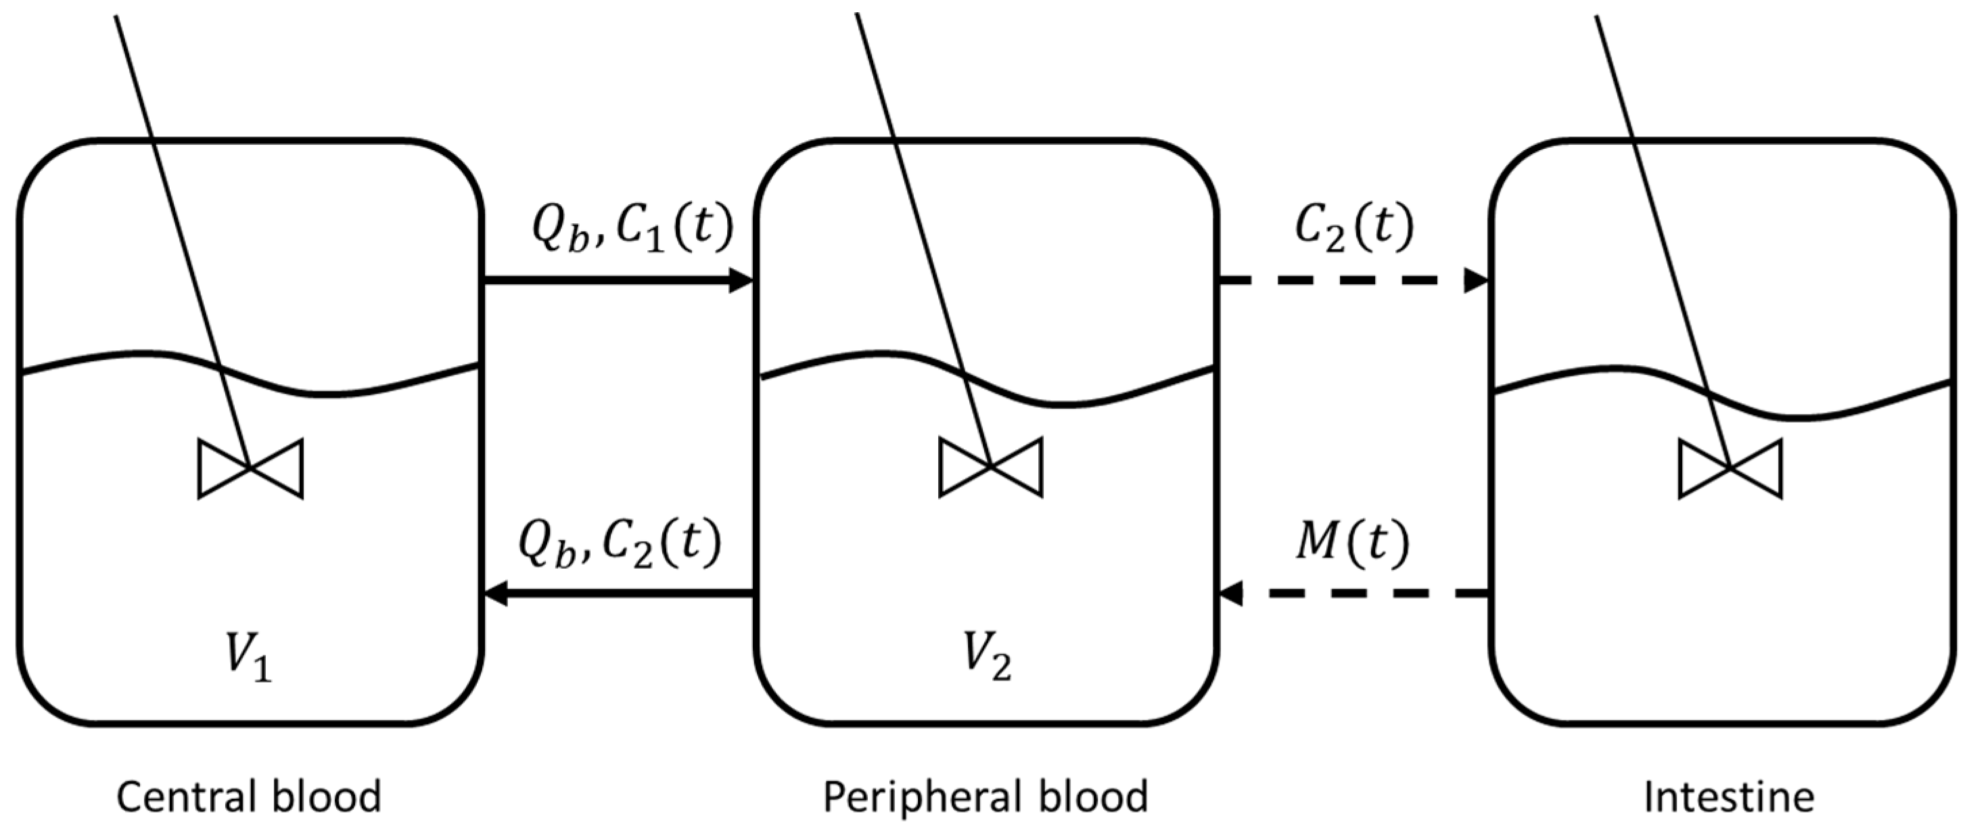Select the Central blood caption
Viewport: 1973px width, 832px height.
[249, 797]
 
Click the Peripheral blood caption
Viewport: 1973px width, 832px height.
[985, 797]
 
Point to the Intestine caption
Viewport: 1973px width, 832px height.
[1730, 797]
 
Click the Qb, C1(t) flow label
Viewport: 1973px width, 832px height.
[632, 229]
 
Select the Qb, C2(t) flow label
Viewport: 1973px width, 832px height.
[620, 543]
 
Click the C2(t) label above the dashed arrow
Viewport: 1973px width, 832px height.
[1354, 229]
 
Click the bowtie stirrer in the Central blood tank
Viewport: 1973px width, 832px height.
[250, 468]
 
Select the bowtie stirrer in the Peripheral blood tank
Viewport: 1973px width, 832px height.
[990, 467]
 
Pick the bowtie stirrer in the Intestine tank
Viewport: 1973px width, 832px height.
[1730, 468]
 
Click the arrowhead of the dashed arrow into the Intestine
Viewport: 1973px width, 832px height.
[1477, 281]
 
